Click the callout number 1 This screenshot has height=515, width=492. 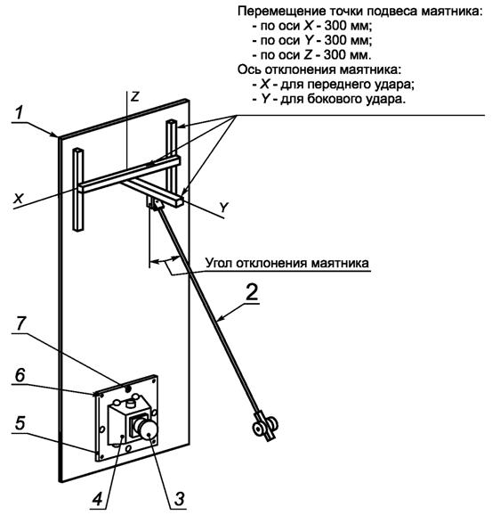pyautogui.click(x=20, y=112)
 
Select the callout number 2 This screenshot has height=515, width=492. pyautogui.click(x=252, y=291)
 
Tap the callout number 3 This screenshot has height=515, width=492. pyautogui.click(x=180, y=499)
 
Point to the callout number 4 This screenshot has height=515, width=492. pyautogui.click(x=97, y=499)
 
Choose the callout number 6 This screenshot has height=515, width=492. pyautogui.click(x=20, y=375)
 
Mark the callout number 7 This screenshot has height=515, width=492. pyautogui.click(x=20, y=323)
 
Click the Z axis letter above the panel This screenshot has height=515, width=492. pyautogui.click(x=135, y=96)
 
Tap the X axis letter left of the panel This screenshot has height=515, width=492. pyautogui.click(x=19, y=199)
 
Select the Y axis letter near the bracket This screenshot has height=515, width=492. pyautogui.click(x=223, y=208)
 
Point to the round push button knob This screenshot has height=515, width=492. pyautogui.click(x=148, y=430)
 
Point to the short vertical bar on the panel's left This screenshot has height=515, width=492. pyautogui.click(x=78, y=190)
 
